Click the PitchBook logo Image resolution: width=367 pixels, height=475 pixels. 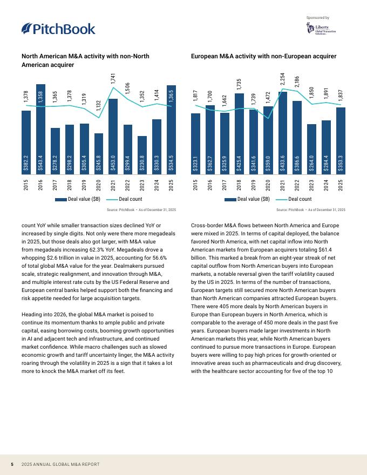(x=58, y=29)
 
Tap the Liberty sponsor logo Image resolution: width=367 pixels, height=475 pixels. (x=324, y=29)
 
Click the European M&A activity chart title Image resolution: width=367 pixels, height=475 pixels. (x=264, y=56)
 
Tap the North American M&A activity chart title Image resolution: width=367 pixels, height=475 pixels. (x=85, y=60)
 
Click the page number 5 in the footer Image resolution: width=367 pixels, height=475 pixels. (x=12, y=464)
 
